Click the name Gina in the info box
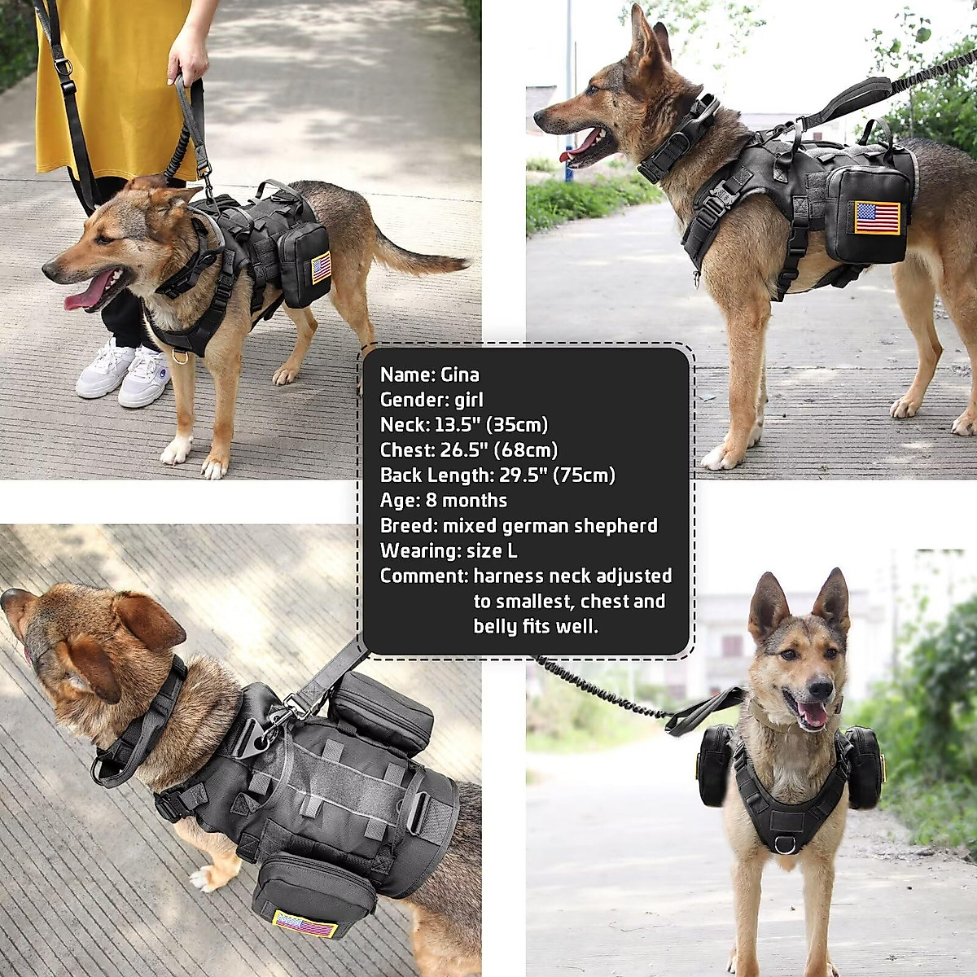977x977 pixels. tap(460, 375)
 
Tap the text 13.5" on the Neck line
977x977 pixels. tap(454, 425)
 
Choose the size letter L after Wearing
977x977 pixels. tap(512, 551)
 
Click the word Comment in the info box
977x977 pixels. tap(422, 576)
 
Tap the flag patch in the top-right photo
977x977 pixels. tap(877, 217)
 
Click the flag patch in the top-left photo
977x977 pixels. tap(322, 268)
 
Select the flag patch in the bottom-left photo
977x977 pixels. tap(305, 925)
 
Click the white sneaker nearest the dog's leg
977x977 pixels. tap(145, 377)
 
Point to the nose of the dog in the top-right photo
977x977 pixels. tap(539, 119)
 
